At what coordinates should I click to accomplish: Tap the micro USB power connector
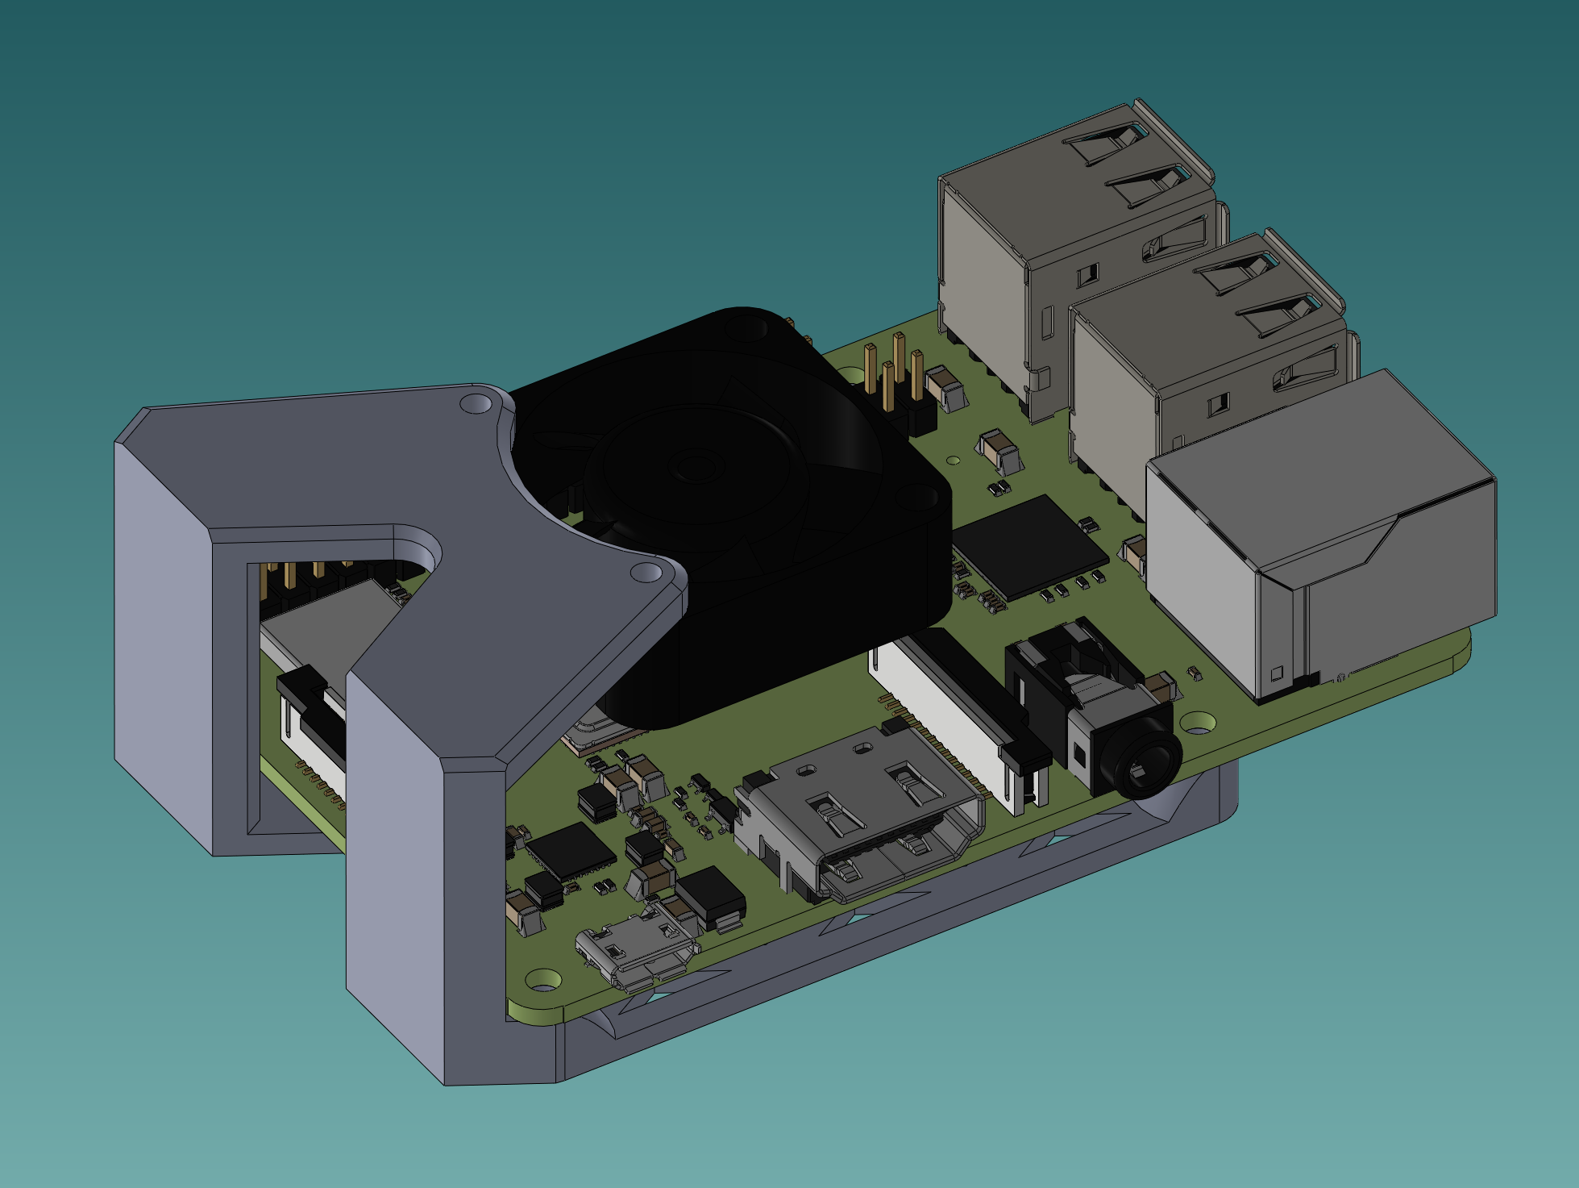(637, 952)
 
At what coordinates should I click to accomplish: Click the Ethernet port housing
(1322, 532)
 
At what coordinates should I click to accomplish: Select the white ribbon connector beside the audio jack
(951, 710)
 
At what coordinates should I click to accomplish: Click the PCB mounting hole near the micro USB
(544, 980)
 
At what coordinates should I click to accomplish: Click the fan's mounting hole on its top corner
(740, 327)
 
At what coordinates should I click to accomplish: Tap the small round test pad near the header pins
(954, 461)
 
